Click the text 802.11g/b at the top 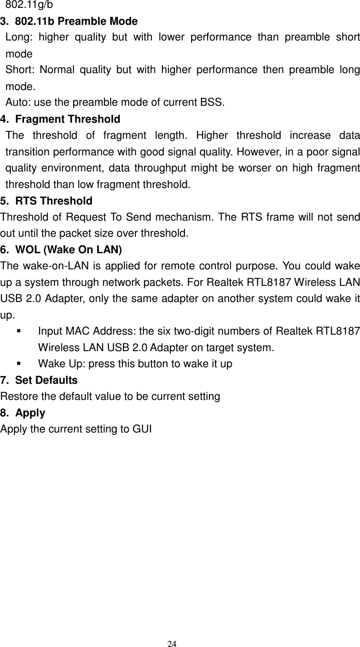click(30, 5)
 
